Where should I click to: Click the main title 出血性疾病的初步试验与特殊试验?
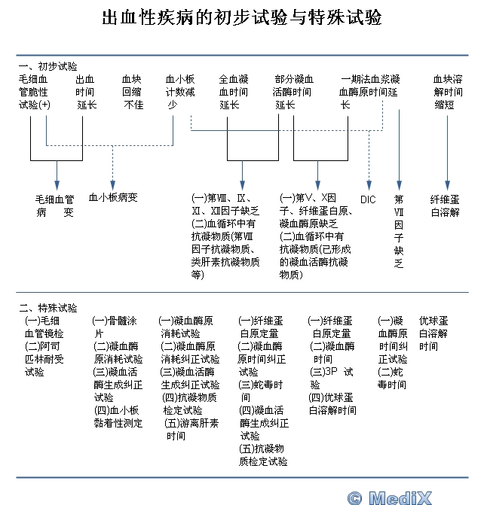click(x=241, y=17)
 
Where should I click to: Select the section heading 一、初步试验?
click(x=47, y=67)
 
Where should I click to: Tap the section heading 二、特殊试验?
click(x=47, y=307)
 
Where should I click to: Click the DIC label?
click(x=368, y=199)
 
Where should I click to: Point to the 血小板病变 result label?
click(x=113, y=198)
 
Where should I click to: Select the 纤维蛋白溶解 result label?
click(x=445, y=205)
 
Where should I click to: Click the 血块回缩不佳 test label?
click(x=133, y=91)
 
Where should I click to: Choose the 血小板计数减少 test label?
click(x=181, y=91)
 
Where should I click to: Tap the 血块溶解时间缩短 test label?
click(x=448, y=91)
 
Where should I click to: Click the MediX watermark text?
click(x=411, y=497)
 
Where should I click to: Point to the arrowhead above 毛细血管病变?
click(x=57, y=184)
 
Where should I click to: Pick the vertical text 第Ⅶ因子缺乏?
click(x=399, y=231)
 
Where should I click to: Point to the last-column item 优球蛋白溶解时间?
click(x=433, y=333)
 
